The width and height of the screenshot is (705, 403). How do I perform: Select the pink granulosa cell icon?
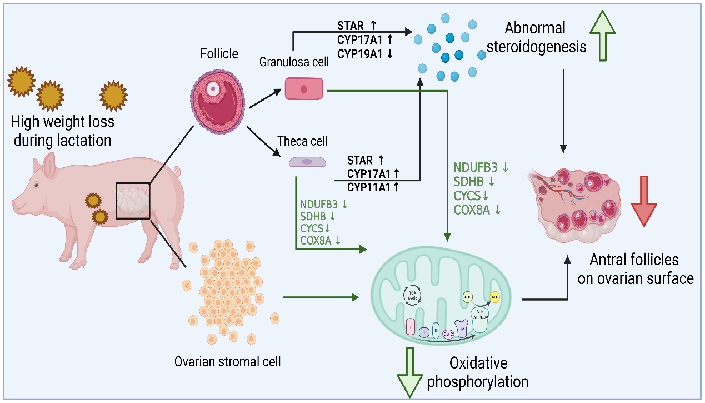pos(304,88)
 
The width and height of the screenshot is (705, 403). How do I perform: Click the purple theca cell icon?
pos(307,162)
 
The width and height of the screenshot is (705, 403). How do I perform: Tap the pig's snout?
pos(15,206)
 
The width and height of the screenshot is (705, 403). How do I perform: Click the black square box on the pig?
pos(133,200)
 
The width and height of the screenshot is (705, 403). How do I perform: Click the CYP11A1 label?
pos(373,187)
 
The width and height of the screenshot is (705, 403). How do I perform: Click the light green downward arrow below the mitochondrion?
pos(411,372)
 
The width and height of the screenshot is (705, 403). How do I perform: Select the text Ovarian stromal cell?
pos(228,361)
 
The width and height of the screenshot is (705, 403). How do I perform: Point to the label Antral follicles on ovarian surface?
pos(636,268)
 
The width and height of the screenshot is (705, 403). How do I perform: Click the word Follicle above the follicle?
pos(219,53)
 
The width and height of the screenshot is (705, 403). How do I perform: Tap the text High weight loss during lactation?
pos(61,131)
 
